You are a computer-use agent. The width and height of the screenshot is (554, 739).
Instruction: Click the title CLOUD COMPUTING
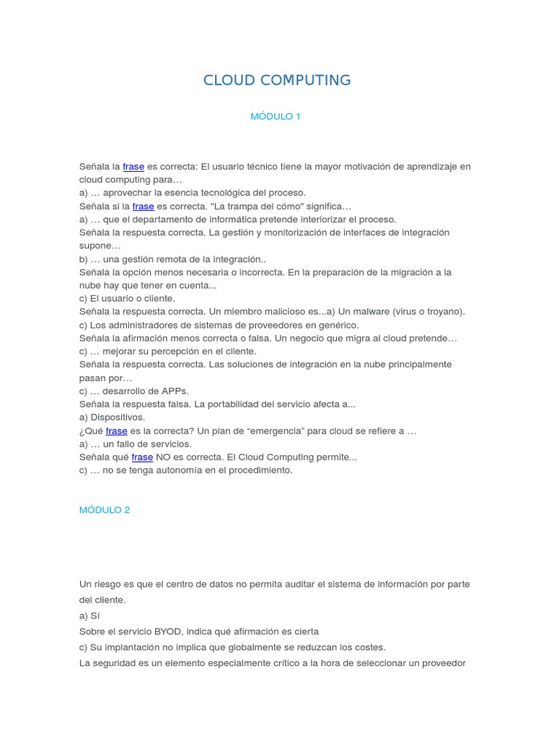point(277,80)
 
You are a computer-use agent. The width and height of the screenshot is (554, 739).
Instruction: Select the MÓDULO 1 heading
point(275,116)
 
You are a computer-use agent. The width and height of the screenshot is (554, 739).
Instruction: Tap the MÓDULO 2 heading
point(105,510)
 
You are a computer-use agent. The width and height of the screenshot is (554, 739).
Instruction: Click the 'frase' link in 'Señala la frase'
point(133,166)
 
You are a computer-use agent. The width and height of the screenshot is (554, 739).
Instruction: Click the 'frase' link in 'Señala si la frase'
point(143,206)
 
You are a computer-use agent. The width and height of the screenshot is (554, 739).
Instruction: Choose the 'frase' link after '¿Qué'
point(116,431)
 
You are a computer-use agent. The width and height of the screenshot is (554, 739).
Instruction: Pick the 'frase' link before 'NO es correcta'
point(142,457)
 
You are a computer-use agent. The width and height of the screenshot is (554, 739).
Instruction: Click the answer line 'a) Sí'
point(89,616)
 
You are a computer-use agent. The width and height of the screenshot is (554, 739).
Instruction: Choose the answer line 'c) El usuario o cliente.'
point(127,298)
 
